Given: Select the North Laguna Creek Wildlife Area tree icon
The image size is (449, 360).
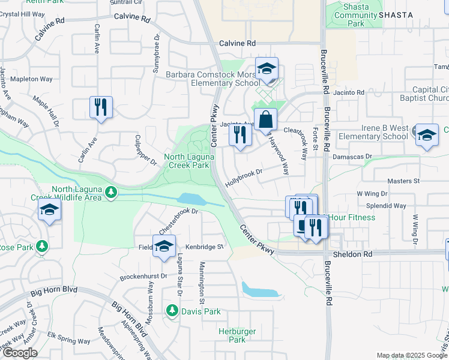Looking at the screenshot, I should click(110, 192).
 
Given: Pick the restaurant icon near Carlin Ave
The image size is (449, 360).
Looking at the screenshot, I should click(101, 107).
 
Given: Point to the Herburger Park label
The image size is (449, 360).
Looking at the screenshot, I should click(237, 335).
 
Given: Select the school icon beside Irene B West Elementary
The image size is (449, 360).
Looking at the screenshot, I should click(427, 136).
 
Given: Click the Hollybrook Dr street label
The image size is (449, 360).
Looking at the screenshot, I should click(245, 177).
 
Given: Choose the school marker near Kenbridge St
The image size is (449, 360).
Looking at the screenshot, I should click(163, 246).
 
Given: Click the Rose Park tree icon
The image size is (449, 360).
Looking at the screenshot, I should click(41, 247).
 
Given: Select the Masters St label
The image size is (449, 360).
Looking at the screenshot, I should click(403, 181).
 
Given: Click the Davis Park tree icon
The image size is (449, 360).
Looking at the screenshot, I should click(172, 311).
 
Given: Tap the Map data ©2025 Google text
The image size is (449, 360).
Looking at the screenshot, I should click(411, 355).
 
